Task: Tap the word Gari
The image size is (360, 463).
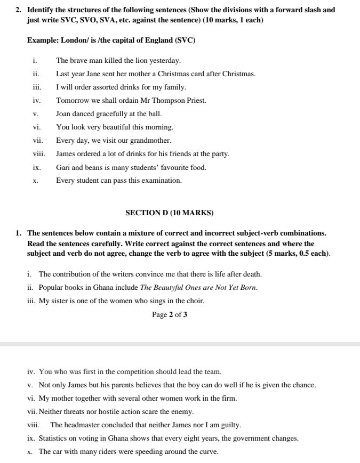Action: coord(63,167)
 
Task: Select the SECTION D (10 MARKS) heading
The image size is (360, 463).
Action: coord(169,213)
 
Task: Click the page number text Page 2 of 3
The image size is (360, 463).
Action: coord(169,314)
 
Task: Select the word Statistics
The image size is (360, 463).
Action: coord(54,438)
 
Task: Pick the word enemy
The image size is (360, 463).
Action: coord(182,412)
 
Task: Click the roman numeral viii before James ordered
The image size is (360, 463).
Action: coord(39,154)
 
